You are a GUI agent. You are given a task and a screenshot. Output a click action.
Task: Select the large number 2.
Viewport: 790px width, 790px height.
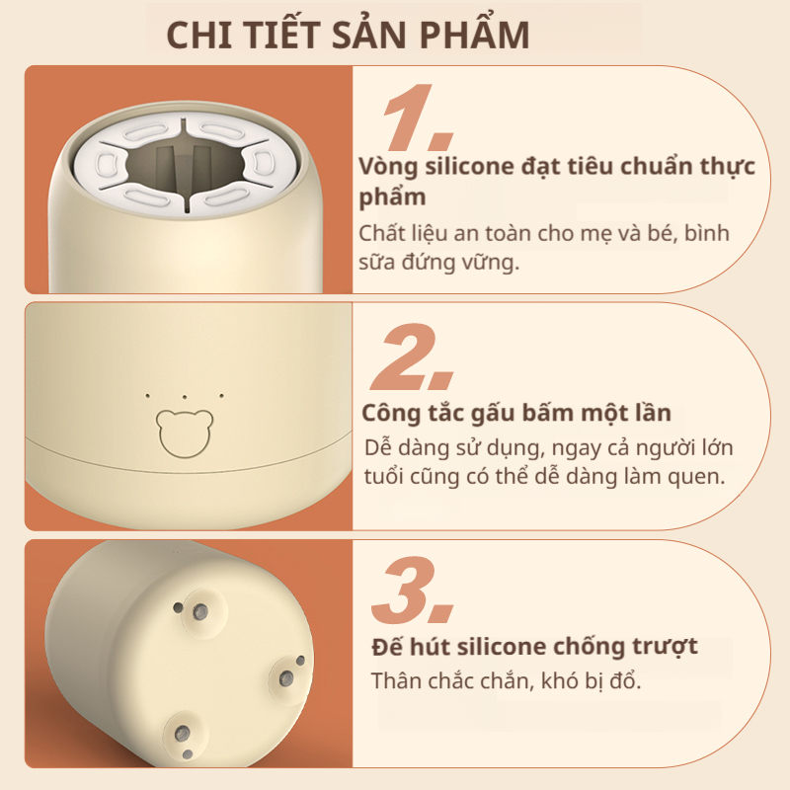click(412, 357)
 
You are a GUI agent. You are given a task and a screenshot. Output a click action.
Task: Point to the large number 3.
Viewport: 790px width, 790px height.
click(412, 590)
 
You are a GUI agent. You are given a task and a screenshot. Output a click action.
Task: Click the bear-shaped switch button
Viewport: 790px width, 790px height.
click(185, 434)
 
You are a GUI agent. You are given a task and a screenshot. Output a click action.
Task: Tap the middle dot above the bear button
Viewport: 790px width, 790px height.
click(185, 397)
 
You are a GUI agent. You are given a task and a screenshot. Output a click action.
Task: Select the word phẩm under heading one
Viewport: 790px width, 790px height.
click(392, 197)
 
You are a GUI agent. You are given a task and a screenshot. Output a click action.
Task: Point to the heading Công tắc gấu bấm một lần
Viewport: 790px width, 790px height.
click(516, 413)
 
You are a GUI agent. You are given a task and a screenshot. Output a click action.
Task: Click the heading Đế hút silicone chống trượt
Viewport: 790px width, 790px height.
click(534, 647)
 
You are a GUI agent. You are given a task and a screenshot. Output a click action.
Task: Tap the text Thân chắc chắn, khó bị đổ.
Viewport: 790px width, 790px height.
click(506, 681)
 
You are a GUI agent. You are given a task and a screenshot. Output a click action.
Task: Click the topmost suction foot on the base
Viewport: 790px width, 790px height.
click(201, 611)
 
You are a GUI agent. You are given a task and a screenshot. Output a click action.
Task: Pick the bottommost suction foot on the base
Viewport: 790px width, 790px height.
click(184, 734)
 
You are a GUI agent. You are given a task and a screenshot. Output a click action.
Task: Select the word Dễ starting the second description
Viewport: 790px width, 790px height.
click(377, 448)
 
